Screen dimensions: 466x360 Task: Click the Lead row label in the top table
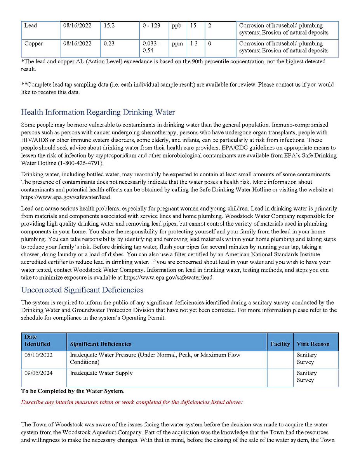[x=31, y=26]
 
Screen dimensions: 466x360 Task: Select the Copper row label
[x=33, y=43]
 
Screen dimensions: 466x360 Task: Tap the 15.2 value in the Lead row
[x=110, y=26]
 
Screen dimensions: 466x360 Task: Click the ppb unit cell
[x=177, y=26]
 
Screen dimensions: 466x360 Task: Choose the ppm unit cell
[x=177, y=43]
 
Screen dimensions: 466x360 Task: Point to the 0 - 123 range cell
[x=151, y=26]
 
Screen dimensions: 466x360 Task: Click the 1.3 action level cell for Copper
[x=194, y=43]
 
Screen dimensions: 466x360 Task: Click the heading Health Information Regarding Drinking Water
[x=98, y=112]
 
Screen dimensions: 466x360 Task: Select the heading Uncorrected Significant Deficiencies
[x=82, y=290]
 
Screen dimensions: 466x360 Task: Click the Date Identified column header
[x=37, y=341]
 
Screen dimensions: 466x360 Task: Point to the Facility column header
[x=280, y=344]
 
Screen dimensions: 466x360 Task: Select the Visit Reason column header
[x=313, y=344]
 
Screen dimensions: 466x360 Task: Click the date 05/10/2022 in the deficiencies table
[x=38, y=355]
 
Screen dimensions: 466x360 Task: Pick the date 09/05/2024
[x=38, y=373]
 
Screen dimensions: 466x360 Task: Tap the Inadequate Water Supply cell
[x=101, y=373]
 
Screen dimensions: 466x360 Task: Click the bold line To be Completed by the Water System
[x=73, y=391]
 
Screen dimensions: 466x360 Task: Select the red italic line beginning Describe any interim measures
[x=132, y=402]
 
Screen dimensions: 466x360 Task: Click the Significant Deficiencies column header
[x=101, y=344]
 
